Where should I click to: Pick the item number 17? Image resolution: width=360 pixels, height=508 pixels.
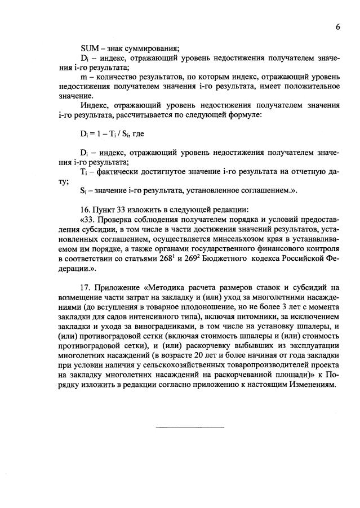click(85, 289)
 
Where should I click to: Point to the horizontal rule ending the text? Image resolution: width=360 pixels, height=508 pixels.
click(189, 426)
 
